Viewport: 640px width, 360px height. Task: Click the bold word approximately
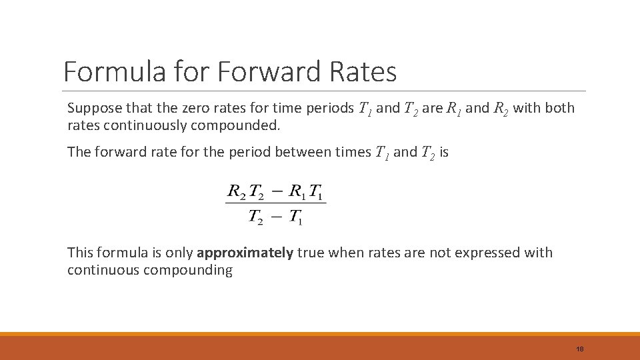coord(245,253)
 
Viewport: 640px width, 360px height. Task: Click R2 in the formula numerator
coord(237,192)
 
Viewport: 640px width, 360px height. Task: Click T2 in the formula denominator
coord(257,217)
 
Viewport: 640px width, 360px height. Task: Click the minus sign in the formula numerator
coord(277,192)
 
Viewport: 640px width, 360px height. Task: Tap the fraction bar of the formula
coord(276,204)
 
